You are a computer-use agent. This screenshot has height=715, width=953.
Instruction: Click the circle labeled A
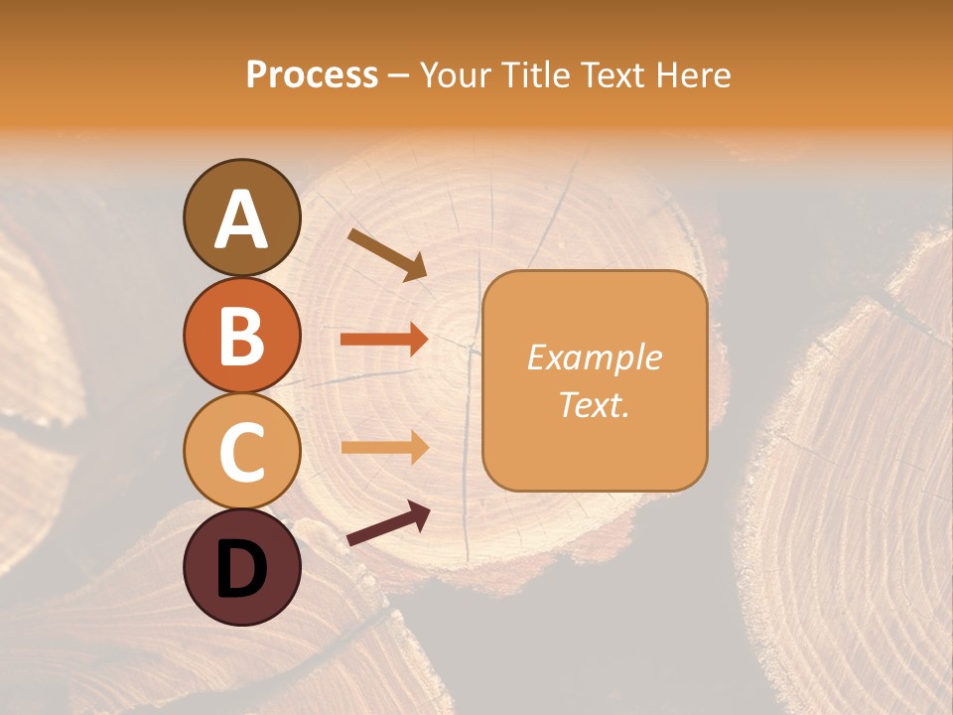tap(241, 218)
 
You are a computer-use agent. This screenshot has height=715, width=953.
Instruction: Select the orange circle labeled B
tap(241, 335)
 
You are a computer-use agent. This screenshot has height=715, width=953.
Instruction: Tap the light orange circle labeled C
tap(241, 451)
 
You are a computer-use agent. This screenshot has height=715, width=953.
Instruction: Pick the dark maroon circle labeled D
tap(241, 567)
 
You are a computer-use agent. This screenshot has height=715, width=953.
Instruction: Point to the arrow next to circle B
tap(384, 340)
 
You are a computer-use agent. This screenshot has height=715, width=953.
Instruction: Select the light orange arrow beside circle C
tap(384, 447)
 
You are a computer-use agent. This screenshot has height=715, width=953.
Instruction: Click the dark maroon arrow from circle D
tap(388, 524)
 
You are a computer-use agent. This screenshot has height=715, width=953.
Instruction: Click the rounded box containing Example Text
tap(595, 380)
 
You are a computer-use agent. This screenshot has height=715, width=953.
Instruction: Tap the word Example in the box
tap(595, 357)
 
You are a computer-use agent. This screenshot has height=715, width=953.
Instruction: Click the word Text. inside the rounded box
tap(595, 404)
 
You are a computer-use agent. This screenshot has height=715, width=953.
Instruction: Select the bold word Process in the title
tap(312, 74)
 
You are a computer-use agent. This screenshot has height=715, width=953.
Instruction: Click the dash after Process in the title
tap(398, 75)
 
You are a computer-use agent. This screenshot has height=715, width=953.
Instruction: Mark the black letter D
tap(241, 568)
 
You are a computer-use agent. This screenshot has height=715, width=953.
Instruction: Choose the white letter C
tap(241, 452)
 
